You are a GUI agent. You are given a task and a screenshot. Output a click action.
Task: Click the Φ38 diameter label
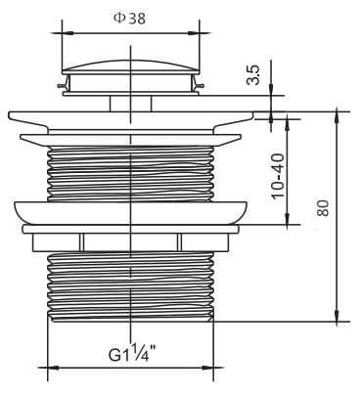[x=129, y=18]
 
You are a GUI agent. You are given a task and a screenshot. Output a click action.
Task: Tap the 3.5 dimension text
[x=253, y=75]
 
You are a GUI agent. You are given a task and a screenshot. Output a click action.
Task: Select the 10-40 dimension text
[x=278, y=176]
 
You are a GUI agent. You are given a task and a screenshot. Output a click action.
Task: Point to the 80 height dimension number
[x=324, y=208]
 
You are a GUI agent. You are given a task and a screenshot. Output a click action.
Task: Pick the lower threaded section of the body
[x=131, y=284]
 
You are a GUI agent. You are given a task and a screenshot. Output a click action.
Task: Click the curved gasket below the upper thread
[x=131, y=211]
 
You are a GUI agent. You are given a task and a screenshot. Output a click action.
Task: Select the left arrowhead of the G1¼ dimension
[x=52, y=369]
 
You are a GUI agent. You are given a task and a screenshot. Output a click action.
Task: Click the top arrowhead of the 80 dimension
[x=337, y=114]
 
